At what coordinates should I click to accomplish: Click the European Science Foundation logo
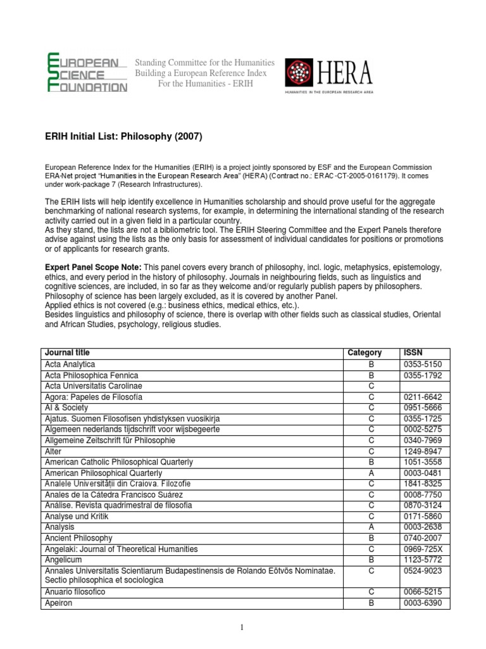pyautogui.click(x=87, y=73)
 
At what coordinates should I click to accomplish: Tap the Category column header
pyautogui.click(x=364, y=353)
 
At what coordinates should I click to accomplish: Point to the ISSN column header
pyautogui.click(x=411, y=353)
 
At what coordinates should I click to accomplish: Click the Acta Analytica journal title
pyautogui.click(x=70, y=364)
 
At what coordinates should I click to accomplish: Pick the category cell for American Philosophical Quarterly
pyautogui.click(x=371, y=473)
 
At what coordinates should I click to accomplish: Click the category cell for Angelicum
pyautogui.click(x=371, y=560)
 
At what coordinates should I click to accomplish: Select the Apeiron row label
pyautogui.click(x=59, y=603)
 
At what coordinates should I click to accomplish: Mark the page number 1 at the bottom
pyautogui.click(x=243, y=627)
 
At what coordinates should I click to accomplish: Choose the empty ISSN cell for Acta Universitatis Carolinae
pyautogui.click(x=424, y=386)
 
